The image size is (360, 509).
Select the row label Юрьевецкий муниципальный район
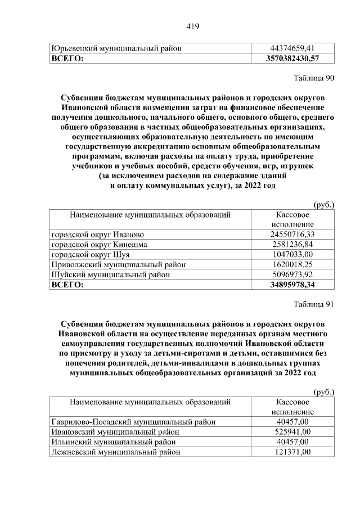tap(116, 48)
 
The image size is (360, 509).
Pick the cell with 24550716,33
tap(291, 234)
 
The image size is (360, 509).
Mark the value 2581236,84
tap(291, 244)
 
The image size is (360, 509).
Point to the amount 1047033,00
tap(291, 254)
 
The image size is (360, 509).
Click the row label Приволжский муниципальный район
tap(119, 264)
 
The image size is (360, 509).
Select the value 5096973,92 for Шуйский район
tap(291, 274)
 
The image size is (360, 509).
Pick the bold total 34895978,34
tap(291, 285)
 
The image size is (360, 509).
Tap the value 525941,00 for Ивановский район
tap(291, 431)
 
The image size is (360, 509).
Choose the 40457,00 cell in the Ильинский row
tap(291, 442)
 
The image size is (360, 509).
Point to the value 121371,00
tap(291, 452)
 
